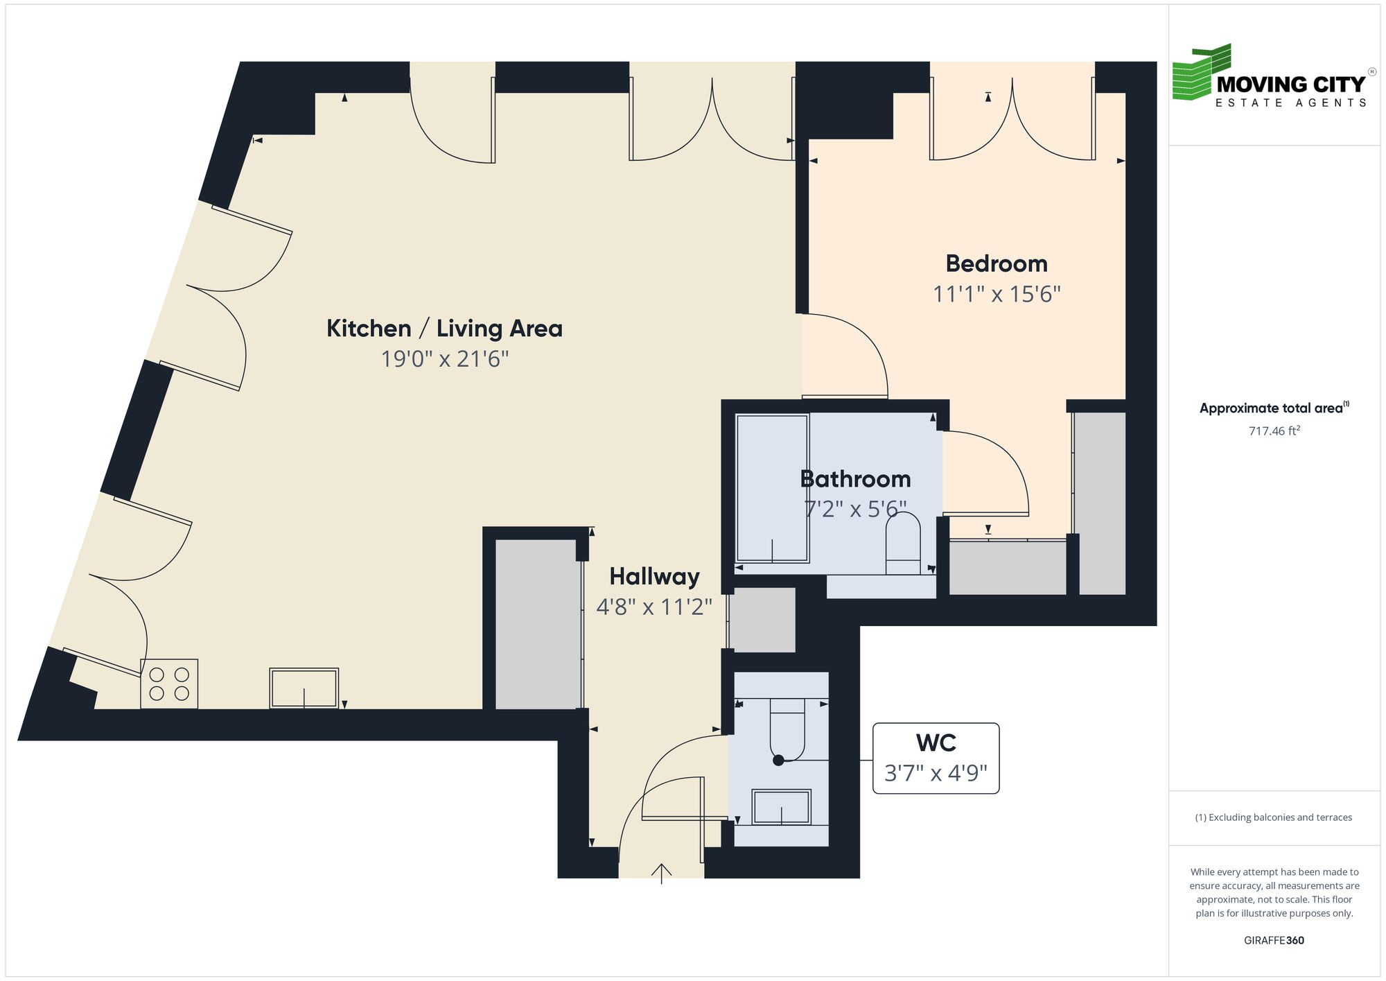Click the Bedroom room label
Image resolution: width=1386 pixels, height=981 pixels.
996,264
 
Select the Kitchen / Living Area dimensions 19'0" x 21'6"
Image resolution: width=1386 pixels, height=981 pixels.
445,359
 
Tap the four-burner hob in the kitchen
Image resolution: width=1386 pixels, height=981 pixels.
169,684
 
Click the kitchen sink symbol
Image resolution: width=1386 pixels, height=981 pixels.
304,688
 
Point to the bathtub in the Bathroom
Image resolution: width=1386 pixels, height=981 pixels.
772,488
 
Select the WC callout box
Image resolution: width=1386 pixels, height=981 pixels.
936,758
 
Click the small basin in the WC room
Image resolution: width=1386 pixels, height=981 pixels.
782,807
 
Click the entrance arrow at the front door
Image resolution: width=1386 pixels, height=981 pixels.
662,873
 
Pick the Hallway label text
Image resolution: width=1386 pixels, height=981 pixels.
654,577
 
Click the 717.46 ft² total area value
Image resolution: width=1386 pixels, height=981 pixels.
1274,431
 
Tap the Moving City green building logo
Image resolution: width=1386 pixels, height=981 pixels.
1202,73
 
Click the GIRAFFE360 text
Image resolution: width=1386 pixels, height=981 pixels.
1274,941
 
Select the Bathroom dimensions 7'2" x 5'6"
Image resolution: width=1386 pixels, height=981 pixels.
854,510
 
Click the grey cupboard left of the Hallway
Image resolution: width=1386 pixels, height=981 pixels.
538,624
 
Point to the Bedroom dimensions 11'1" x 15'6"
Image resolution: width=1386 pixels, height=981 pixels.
996,295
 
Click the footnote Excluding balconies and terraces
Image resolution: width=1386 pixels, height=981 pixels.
1274,817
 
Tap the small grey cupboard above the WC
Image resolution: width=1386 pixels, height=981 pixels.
763,619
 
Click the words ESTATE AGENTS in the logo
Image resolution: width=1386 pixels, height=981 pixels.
1290,103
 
